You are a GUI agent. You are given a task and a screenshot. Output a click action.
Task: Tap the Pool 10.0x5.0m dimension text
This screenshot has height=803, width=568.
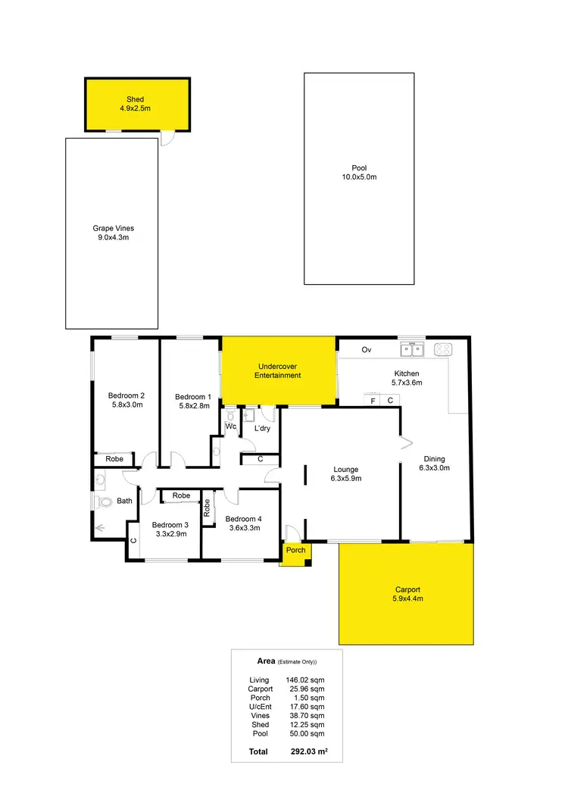(359, 177)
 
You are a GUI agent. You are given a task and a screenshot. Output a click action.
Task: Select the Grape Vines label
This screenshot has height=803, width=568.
(113, 228)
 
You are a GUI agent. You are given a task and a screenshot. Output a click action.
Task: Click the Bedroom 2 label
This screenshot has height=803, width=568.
(126, 395)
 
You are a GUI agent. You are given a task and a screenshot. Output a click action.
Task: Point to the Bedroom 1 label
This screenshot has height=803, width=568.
(192, 397)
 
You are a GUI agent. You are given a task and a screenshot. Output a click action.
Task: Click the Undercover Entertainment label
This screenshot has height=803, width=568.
(277, 370)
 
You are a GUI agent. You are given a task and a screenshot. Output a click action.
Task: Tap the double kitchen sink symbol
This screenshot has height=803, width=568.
(412, 349)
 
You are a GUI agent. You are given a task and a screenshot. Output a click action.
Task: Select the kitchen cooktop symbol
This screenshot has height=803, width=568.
(443, 349)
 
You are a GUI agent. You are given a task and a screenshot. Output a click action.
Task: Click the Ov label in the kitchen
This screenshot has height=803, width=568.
(367, 350)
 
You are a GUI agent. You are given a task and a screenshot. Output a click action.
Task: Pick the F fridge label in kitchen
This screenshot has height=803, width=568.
(373, 401)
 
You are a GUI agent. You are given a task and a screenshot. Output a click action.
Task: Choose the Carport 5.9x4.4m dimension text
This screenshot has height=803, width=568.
(407, 598)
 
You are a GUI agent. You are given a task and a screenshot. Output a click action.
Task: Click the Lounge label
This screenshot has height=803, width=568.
(345, 470)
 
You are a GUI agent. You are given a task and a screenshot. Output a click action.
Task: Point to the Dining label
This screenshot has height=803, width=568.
(434, 459)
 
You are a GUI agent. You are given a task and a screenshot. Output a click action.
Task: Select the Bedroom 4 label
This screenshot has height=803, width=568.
(242, 518)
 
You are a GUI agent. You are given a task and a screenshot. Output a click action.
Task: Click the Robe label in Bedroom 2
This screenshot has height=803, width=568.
(114, 459)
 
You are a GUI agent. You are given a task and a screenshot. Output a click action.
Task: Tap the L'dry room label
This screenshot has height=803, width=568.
(262, 429)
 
